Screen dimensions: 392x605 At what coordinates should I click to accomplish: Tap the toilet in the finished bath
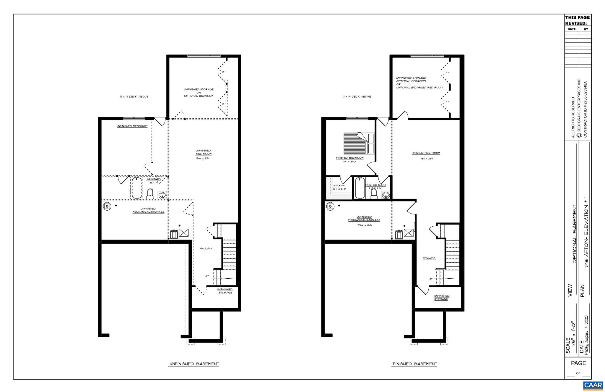coord(374,194)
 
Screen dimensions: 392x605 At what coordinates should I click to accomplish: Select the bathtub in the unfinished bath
coord(136,188)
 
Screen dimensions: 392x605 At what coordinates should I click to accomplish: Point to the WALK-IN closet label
coord(339,185)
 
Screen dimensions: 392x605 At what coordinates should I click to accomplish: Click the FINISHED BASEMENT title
coord(414,364)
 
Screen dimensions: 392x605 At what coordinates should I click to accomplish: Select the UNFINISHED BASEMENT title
coord(194,364)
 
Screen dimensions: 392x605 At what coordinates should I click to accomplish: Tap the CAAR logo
coord(593,385)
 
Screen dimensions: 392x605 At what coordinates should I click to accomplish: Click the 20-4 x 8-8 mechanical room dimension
coord(364,225)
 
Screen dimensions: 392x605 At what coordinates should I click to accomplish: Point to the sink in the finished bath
coord(386,195)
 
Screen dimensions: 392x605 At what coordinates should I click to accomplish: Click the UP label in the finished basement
coord(430,279)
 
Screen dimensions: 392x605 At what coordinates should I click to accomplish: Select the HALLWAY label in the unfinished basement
coord(206,249)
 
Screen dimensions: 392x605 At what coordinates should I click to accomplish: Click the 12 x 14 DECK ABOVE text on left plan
coord(134,96)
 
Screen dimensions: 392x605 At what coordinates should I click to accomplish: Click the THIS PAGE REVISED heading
coord(577,20)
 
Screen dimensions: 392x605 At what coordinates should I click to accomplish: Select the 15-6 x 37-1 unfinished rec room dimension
coord(203,159)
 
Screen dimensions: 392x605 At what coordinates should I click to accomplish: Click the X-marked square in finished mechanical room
coord(409,233)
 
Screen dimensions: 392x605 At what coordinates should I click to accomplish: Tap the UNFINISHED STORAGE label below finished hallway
coord(441,297)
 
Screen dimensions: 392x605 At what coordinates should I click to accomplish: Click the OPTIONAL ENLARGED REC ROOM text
coord(419,88)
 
